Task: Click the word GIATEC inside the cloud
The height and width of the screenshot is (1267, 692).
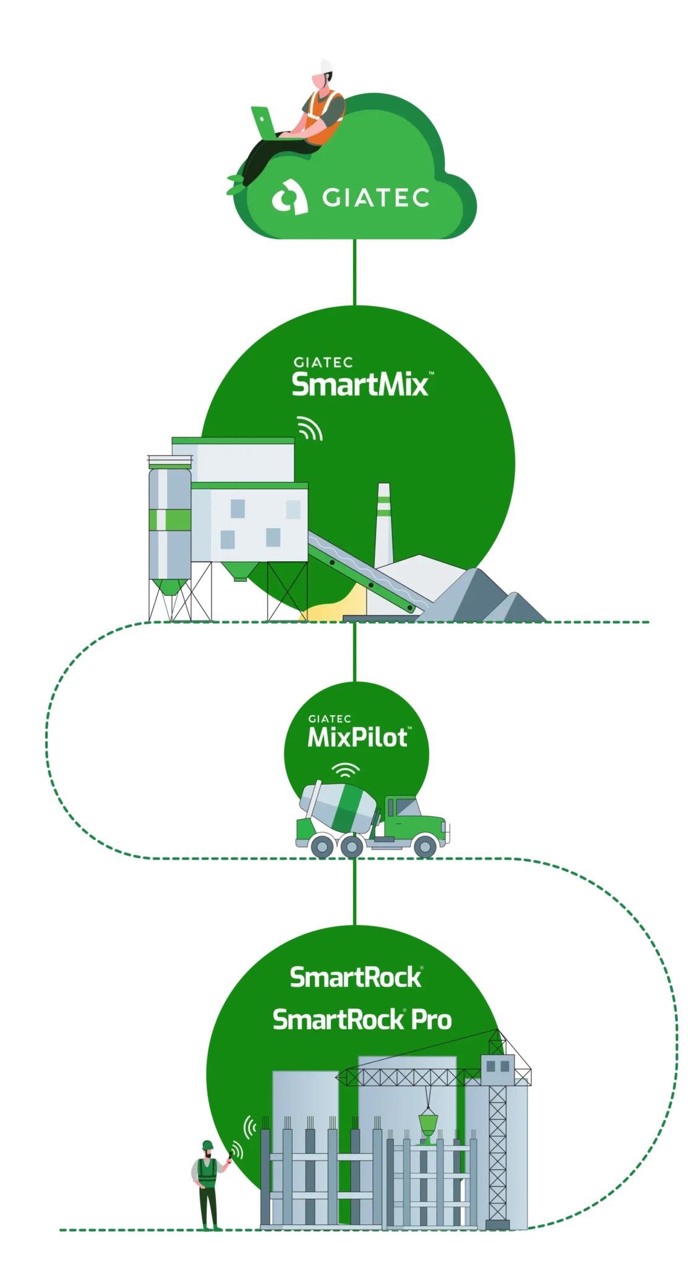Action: click(376, 198)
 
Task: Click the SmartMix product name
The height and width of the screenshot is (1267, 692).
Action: click(360, 384)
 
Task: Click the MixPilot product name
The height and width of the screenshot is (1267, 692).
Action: click(358, 737)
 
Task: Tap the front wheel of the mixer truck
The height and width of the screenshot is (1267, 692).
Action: click(424, 846)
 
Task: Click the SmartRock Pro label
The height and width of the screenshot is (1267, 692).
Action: click(362, 1020)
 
